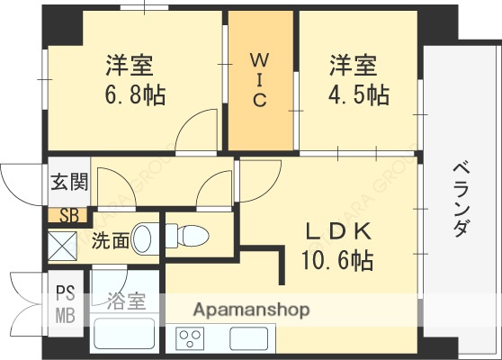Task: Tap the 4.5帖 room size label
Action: (358, 94)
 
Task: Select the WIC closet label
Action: (258, 80)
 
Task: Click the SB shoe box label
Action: (68, 216)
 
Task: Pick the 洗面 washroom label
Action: (110, 240)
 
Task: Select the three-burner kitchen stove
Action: (191, 339)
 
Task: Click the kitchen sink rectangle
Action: (248, 340)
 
